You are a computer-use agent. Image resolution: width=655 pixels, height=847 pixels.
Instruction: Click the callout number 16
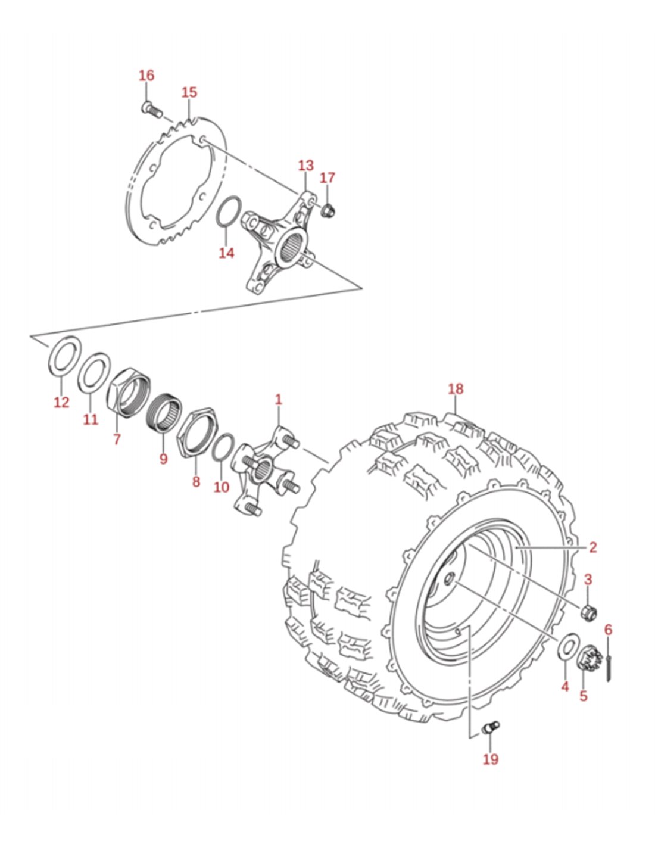coord(146,76)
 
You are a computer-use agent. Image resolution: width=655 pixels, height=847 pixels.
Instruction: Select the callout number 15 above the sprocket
coord(189,93)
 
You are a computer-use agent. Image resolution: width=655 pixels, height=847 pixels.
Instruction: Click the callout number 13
coord(306,166)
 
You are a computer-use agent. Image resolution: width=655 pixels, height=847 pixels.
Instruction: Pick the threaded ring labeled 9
coord(166,413)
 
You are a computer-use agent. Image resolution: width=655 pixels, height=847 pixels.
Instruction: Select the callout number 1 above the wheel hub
coord(278,399)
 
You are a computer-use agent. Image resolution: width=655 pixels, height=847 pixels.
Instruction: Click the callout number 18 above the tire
coord(456,388)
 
